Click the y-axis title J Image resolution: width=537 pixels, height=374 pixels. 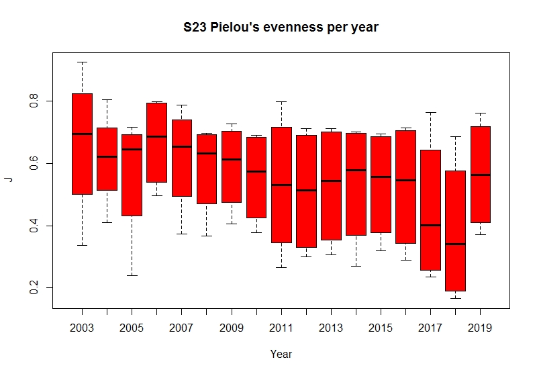pyautogui.click(x=9, y=179)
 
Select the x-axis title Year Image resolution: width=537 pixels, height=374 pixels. pyautogui.click(x=281, y=354)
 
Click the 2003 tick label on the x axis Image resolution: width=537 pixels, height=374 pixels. pyautogui.click(x=82, y=328)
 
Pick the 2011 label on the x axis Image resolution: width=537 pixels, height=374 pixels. pyautogui.click(x=281, y=328)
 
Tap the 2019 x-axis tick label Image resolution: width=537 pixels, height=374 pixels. pyautogui.click(x=481, y=328)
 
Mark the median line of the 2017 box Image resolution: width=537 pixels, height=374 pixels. pyautogui.click(x=430, y=226)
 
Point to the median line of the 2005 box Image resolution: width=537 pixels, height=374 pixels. pyautogui.click(x=132, y=149)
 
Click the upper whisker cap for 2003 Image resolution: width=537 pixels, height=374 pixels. pyautogui.click(x=82, y=62)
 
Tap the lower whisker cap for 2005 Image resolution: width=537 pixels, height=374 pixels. pyautogui.click(x=132, y=275)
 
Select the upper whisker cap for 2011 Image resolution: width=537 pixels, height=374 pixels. pyautogui.click(x=281, y=101)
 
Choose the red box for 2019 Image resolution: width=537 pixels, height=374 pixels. pyautogui.click(x=481, y=174)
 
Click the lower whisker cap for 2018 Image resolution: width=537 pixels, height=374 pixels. pyautogui.click(x=455, y=298)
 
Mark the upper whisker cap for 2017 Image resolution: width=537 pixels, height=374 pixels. pyautogui.click(x=430, y=112)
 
